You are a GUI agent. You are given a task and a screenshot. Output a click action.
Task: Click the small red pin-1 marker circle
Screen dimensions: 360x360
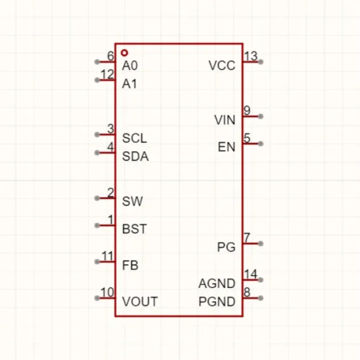[x=124, y=53]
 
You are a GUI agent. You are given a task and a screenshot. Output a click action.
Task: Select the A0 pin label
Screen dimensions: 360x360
[x=130, y=65]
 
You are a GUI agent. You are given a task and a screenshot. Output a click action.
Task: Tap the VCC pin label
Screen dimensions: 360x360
[x=222, y=65]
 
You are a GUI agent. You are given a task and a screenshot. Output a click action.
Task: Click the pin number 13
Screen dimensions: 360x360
[x=251, y=56]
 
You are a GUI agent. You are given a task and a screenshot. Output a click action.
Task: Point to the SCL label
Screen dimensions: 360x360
[x=134, y=138]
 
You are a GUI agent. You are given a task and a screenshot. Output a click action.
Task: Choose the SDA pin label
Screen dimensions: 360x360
[x=135, y=156]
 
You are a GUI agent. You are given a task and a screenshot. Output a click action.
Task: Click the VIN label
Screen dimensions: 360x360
[x=225, y=120]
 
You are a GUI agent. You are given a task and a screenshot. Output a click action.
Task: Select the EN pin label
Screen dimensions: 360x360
[x=226, y=147]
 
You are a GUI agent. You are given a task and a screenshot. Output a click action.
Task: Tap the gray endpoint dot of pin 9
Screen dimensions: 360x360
[x=261, y=117]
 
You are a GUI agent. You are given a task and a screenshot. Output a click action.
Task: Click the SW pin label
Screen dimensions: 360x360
[x=132, y=202]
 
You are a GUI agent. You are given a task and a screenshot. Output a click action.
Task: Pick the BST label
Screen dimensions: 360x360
[x=134, y=229]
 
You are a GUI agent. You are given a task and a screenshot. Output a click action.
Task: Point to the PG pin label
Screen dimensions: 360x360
[x=226, y=247]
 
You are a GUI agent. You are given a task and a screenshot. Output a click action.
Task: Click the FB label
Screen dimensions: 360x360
[x=130, y=265]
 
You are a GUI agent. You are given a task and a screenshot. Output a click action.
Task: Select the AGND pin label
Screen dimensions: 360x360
[x=217, y=283]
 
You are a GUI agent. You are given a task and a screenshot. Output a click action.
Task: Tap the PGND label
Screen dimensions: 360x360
[x=217, y=302]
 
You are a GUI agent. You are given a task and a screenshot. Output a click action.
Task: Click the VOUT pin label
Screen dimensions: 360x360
[x=140, y=302]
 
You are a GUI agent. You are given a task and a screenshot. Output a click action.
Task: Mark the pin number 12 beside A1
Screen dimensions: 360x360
[x=107, y=75]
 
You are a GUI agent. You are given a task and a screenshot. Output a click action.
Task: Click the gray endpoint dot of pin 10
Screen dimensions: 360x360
[x=97, y=298]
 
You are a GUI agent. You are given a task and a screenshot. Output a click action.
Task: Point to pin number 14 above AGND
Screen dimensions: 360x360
[x=251, y=274]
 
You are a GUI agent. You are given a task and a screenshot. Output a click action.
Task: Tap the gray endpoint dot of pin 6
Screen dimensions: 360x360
[x=97, y=62]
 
